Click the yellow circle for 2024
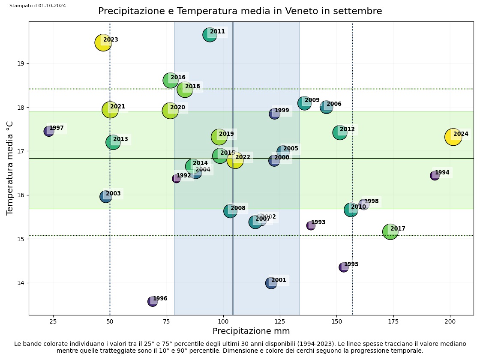coord(453,137)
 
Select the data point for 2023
coord(103,42)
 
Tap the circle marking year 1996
coord(153,301)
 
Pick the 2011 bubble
coord(210,35)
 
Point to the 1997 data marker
coord(49,131)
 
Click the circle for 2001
coord(271,283)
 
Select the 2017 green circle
coord(390,232)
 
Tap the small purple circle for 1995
coord(344,267)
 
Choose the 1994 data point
coord(435,175)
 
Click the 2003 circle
coord(106,197)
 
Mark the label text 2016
coord(178,78)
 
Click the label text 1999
coord(282,111)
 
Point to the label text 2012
coord(347,129)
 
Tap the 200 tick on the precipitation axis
coord(450,321)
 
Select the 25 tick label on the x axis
coord(53,321)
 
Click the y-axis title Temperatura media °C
coord(10,168)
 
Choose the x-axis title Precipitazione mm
coord(251,331)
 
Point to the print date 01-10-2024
coord(52,6)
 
